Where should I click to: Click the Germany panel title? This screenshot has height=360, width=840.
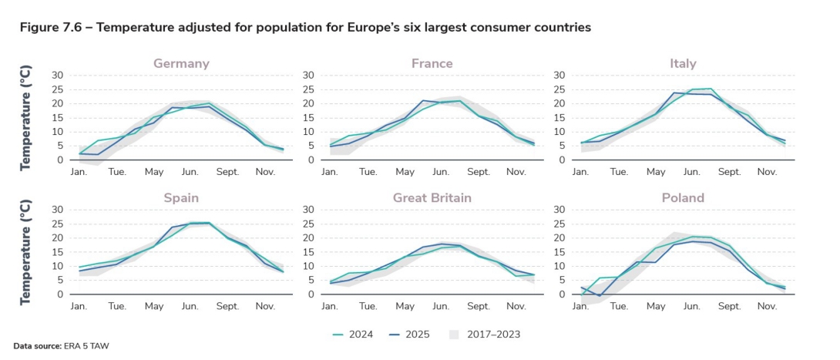(x=181, y=63)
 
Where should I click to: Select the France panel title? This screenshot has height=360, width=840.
(x=432, y=63)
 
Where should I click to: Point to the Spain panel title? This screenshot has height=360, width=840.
(x=181, y=198)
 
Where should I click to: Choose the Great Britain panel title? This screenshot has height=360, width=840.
(x=432, y=198)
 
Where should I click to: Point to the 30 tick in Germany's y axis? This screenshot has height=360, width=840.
(x=58, y=76)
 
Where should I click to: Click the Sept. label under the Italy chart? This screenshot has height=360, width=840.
(x=729, y=172)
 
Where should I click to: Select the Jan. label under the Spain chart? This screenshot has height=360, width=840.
(x=79, y=306)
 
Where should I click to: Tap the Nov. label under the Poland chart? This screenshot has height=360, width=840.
(x=766, y=306)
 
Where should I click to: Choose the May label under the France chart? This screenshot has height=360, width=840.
(x=404, y=172)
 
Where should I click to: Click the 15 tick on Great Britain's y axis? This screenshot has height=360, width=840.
(x=308, y=252)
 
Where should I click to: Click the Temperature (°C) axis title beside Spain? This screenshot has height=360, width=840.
(x=25, y=252)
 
